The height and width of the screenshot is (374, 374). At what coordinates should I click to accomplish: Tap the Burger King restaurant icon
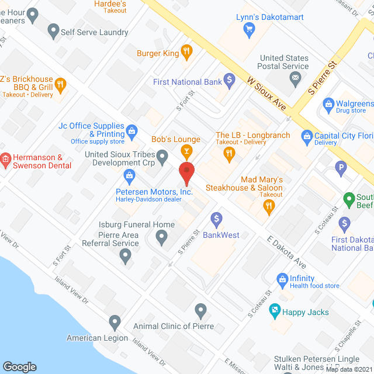(186, 53)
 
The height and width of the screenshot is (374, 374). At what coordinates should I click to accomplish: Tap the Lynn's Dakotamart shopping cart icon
(250, 30)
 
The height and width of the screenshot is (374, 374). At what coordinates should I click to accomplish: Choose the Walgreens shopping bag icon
(327, 106)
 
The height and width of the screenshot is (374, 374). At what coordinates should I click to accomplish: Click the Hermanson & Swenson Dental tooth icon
(5, 157)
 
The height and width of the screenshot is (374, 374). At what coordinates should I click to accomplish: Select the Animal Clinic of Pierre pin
(200, 309)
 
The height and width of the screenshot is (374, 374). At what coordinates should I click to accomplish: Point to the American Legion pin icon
(115, 321)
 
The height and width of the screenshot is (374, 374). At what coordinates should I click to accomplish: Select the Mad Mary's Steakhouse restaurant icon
(269, 205)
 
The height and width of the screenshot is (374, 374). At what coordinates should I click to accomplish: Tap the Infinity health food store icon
(282, 279)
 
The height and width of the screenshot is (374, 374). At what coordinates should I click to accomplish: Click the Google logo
(20, 366)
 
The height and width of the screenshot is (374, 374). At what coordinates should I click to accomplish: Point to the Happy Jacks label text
(305, 312)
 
